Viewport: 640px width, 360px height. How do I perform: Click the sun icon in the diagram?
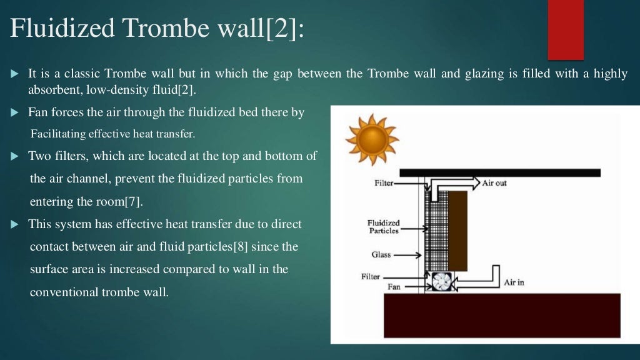tap(372, 139)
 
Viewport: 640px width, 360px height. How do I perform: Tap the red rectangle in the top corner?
tap(565, 29)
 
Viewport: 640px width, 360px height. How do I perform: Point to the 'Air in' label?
tap(514, 282)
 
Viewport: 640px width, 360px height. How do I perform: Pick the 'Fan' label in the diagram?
tap(394, 287)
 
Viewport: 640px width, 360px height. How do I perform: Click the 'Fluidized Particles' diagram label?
tap(384, 227)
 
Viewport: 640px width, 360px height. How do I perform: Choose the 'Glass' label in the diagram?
tap(381, 255)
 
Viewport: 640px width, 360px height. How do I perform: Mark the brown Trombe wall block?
tap(458, 231)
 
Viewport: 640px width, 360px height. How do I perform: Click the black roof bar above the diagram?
tap(500, 172)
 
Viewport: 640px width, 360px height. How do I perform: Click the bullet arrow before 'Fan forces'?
tap(16, 113)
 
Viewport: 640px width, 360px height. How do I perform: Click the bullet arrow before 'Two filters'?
tap(16, 156)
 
